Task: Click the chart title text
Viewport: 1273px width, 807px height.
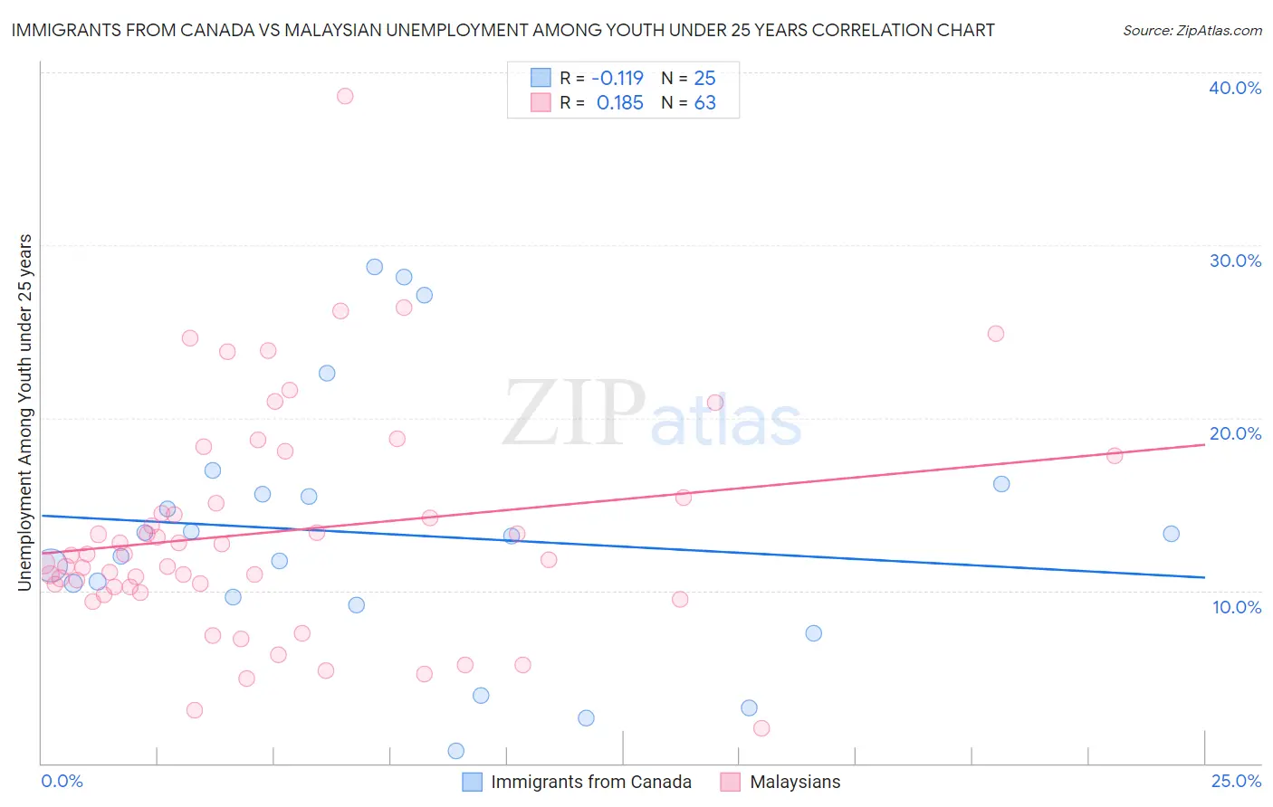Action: [502, 30]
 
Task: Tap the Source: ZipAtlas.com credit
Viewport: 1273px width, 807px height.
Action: [1192, 30]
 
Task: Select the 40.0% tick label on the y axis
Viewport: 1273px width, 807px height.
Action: [1235, 88]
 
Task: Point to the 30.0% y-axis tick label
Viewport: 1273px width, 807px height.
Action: [1235, 261]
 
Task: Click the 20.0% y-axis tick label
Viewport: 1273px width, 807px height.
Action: [1235, 433]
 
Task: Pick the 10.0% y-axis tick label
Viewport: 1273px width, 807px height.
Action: [1237, 607]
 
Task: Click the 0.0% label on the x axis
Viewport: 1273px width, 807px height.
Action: [62, 781]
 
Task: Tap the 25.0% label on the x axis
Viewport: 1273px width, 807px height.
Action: [1236, 781]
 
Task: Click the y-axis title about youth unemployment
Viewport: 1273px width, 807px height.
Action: [24, 413]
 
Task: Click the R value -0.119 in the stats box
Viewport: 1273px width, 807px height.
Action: [617, 79]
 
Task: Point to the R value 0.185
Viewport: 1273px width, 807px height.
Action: [619, 103]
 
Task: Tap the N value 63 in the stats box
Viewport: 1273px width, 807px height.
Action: [704, 103]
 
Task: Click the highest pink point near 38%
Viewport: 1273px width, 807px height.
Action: [345, 96]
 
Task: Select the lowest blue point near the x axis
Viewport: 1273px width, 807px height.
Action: [456, 751]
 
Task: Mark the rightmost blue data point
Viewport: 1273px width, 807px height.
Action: [1171, 534]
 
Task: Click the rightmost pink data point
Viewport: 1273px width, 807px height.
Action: [1115, 456]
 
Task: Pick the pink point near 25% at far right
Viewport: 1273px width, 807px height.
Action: [996, 333]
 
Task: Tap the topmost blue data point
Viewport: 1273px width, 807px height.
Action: [375, 267]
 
